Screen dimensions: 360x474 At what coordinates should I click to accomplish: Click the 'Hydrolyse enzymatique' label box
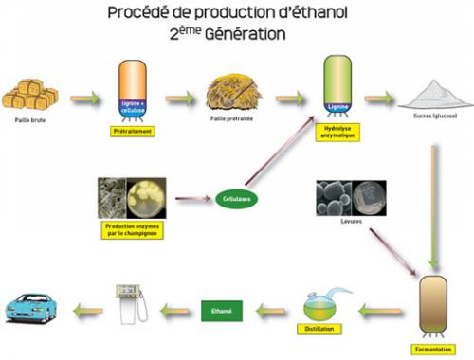[x=338, y=130]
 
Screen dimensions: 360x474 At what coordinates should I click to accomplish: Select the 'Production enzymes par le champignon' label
[x=131, y=231]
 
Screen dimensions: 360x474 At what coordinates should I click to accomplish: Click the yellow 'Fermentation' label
[x=435, y=347]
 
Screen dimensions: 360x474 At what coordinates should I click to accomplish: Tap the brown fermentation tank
[x=434, y=303]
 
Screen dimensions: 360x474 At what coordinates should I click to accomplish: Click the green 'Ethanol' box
[x=224, y=309]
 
